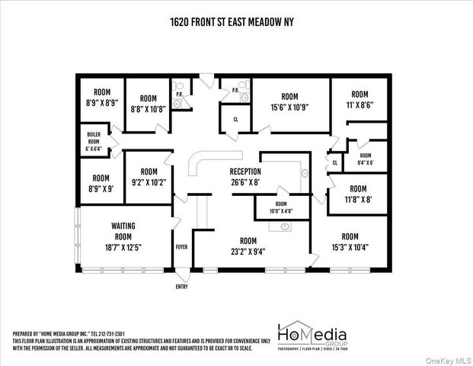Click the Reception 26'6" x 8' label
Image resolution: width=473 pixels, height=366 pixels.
(245, 177)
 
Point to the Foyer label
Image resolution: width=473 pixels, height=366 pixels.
(181, 247)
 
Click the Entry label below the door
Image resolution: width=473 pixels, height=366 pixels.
(181, 286)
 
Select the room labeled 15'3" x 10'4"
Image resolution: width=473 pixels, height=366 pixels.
(350, 242)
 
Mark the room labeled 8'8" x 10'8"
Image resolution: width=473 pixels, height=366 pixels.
(148, 104)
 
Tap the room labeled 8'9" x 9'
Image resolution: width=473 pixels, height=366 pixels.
(101, 183)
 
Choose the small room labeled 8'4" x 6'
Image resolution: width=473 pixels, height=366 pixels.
(365, 159)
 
